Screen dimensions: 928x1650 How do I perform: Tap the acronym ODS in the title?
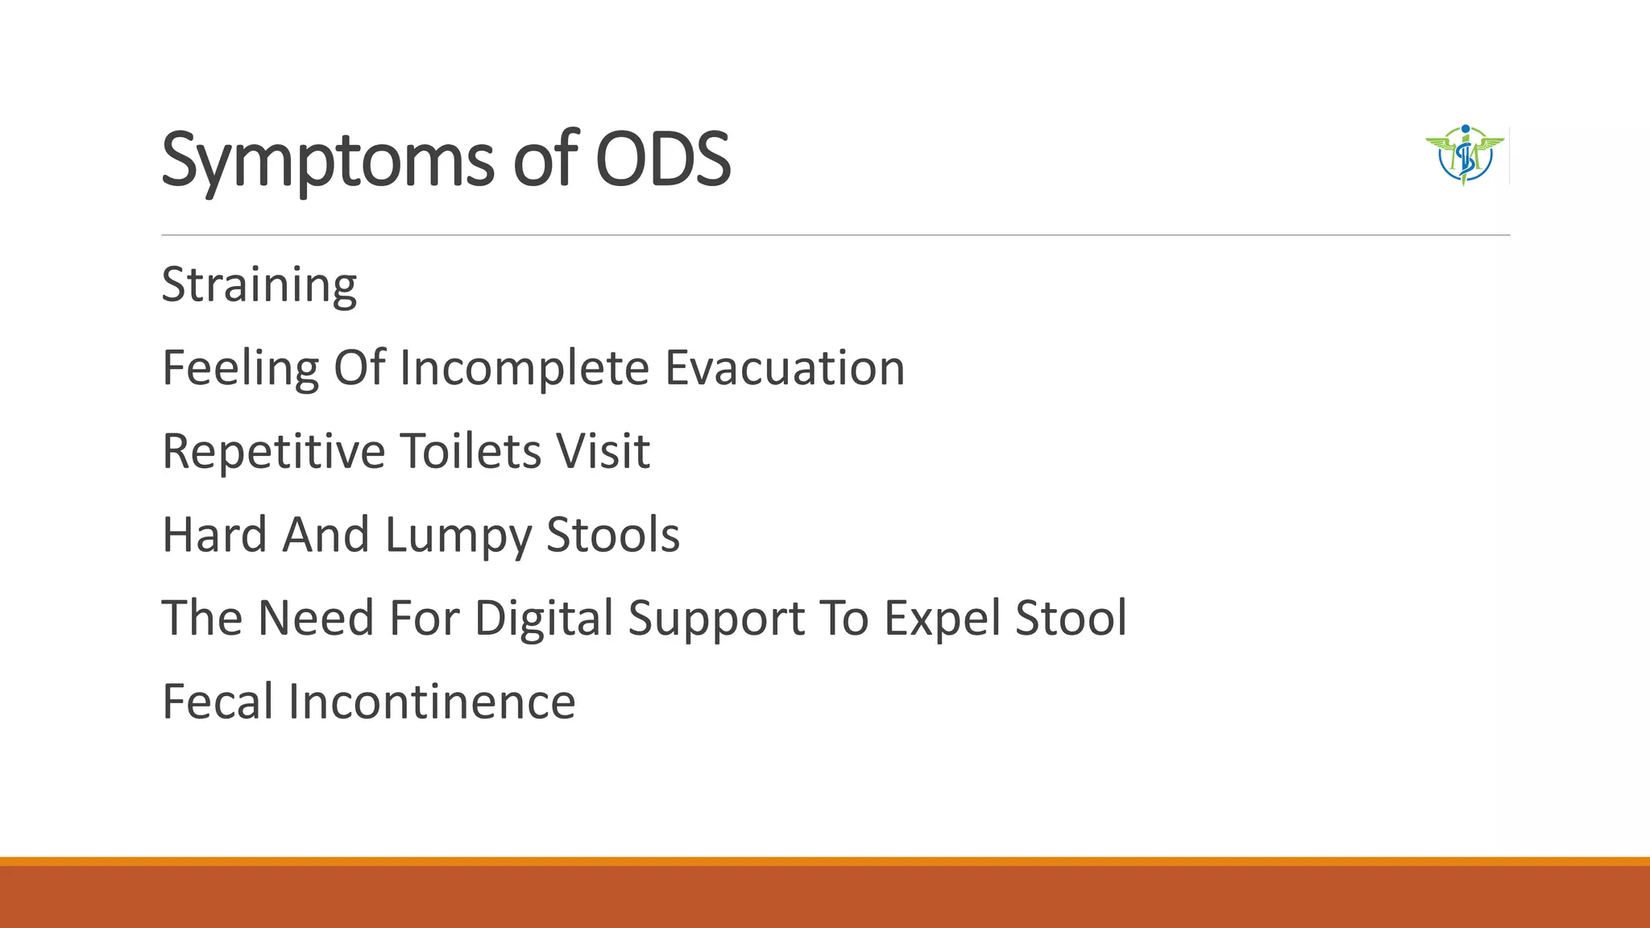pos(662,159)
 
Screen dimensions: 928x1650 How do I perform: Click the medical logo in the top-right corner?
pos(1465,155)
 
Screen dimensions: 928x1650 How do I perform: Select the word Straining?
pos(259,286)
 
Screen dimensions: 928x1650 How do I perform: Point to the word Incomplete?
pos(524,368)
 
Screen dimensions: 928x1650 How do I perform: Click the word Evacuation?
pos(785,368)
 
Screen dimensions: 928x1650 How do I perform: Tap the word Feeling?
pos(240,370)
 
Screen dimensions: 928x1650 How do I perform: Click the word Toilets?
pos(471,451)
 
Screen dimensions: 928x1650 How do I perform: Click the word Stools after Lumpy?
pos(613,535)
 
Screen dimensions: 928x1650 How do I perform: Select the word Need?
pos(316,618)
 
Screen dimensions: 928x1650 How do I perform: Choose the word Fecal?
pos(218,702)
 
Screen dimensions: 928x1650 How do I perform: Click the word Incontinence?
pos(432,702)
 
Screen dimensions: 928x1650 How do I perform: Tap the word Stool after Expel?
pos(1071,618)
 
